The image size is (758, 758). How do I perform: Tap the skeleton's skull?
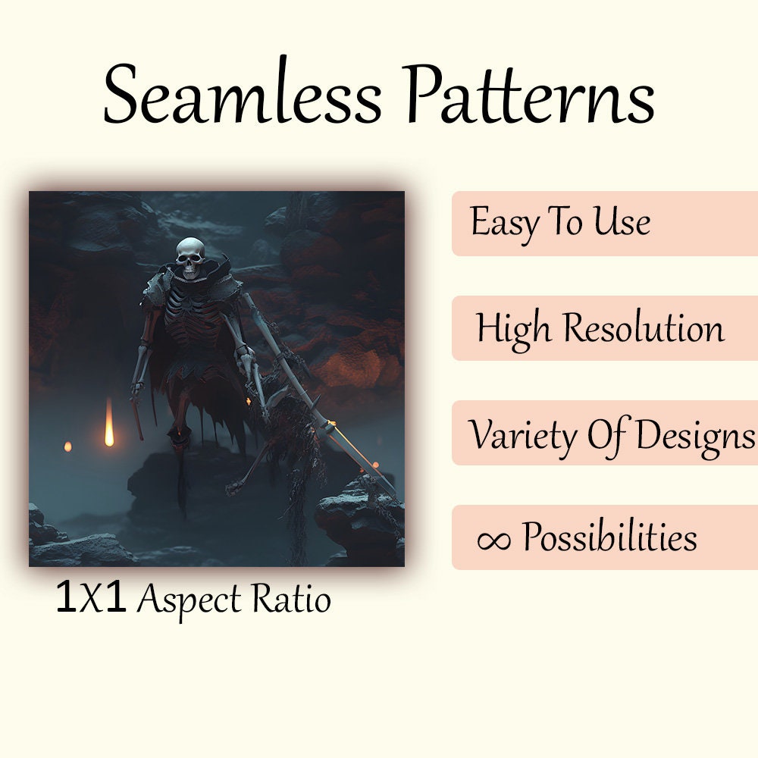[x=190, y=257]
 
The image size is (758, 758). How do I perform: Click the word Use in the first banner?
[x=621, y=223]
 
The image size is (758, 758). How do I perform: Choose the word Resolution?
[x=644, y=328]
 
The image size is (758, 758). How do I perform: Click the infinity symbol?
[x=493, y=539]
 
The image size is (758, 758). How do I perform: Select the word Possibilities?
[x=609, y=538]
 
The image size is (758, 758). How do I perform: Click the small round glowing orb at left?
[x=67, y=446]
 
